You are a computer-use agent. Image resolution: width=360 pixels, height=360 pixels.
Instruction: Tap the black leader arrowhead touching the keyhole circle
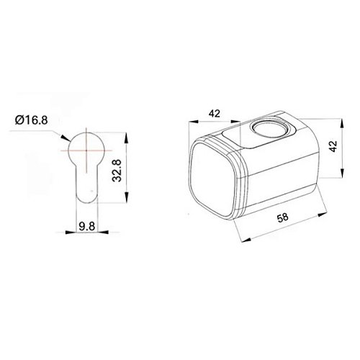pyautogui.click(x=68, y=140)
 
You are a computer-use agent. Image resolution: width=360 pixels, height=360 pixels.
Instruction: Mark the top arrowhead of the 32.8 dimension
pyautogui.click(x=126, y=135)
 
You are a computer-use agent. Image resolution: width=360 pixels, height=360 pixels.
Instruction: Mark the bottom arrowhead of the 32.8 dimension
pyautogui.click(x=126, y=204)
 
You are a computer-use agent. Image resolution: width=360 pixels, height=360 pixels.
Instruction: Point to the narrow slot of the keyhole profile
pyautogui.click(x=85, y=184)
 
